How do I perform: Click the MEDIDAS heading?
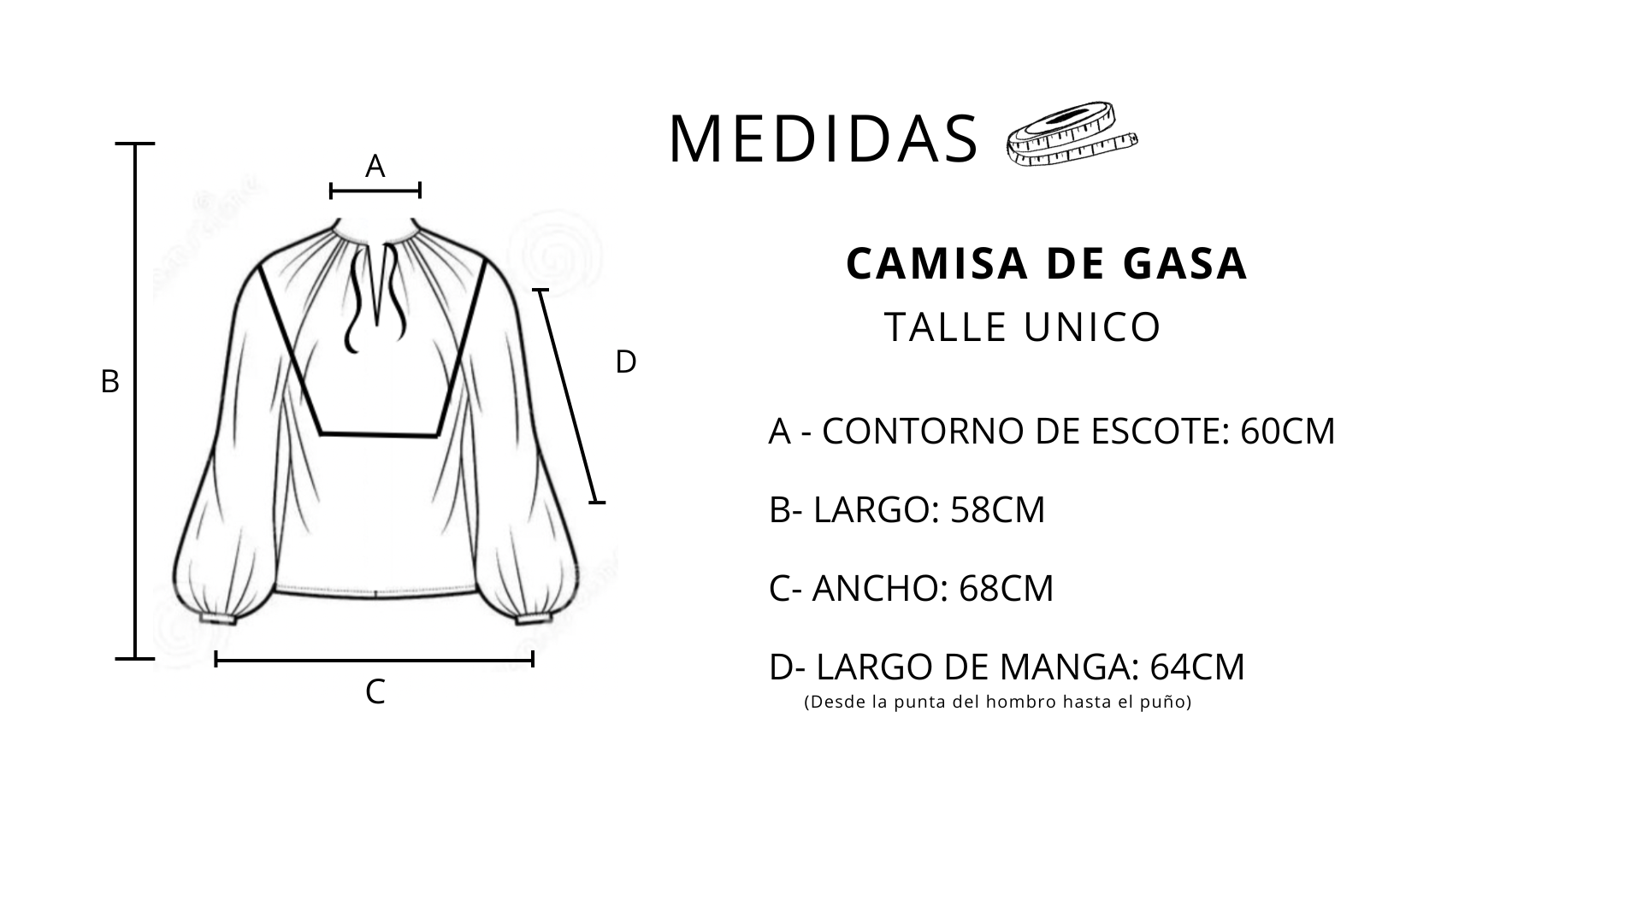click(x=823, y=139)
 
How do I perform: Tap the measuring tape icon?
click(x=1072, y=134)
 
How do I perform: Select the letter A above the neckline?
click(x=375, y=166)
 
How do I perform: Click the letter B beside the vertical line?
click(x=109, y=381)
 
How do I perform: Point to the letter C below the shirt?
click(x=375, y=692)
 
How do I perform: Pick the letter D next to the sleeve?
click(x=626, y=362)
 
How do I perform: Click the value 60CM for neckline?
click(x=1287, y=432)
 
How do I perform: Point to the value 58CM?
click(x=998, y=510)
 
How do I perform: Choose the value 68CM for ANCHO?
click(x=1007, y=589)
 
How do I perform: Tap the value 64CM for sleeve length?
click(x=1197, y=667)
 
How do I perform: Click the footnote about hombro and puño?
click(x=998, y=703)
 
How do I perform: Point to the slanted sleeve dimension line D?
click(x=569, y=397)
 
